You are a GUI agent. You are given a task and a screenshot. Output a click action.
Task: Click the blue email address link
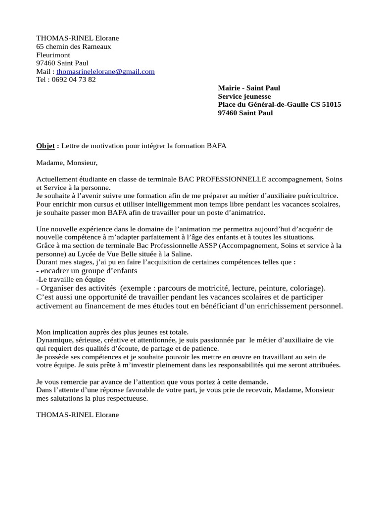105,71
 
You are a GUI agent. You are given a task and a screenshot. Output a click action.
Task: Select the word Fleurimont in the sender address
53,55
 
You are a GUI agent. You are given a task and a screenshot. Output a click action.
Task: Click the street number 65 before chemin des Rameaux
41,46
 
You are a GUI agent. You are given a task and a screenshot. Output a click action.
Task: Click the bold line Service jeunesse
244,96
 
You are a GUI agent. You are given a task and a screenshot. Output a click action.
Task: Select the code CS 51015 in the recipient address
326,105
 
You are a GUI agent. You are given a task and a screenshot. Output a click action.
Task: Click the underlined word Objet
46,146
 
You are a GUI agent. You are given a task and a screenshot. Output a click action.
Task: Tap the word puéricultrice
318,196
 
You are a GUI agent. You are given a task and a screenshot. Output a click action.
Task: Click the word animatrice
242,212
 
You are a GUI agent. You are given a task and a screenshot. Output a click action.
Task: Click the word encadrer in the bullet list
55,271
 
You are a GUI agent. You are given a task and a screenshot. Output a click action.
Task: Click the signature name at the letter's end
78,415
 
